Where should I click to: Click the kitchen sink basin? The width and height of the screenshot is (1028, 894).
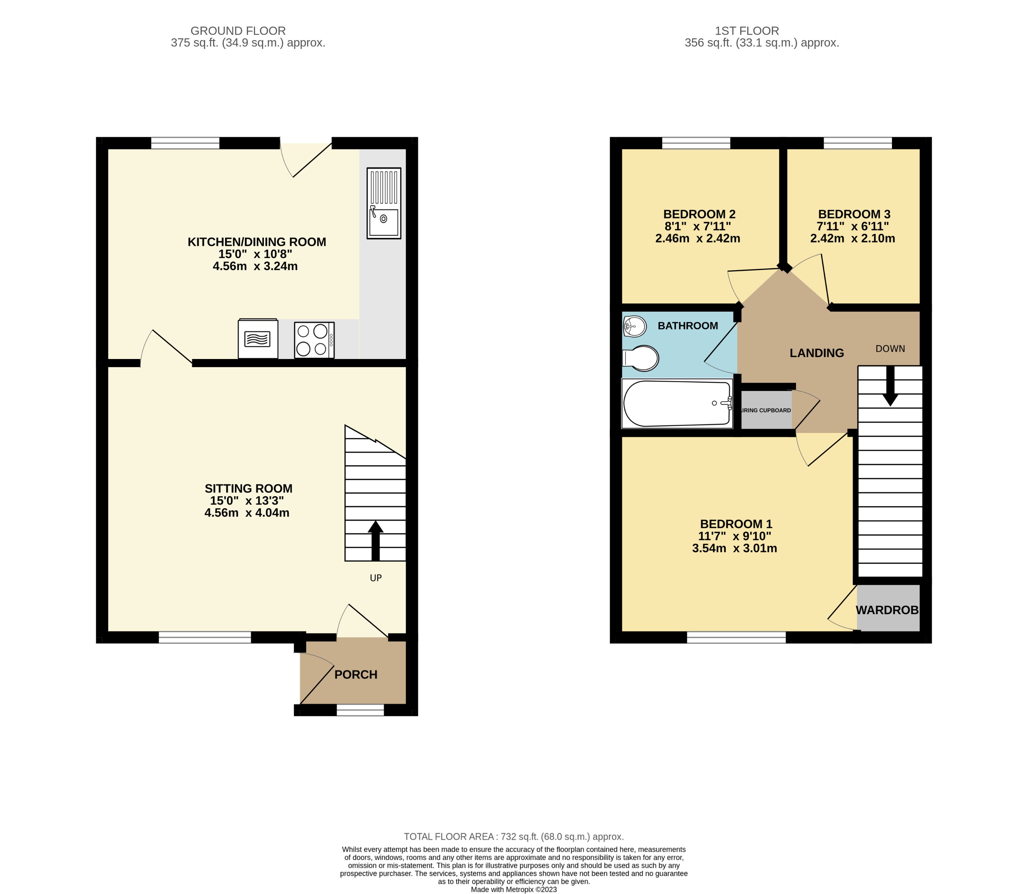click(384, 221)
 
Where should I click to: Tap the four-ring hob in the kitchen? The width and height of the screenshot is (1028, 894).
click(314, 340)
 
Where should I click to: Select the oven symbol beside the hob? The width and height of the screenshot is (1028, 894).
click(258, 339)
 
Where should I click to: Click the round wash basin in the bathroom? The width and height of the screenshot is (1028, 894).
click(635, 326)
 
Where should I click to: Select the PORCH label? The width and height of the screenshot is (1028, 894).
click(355, 674)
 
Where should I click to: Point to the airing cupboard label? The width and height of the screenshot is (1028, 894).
click(766, 410)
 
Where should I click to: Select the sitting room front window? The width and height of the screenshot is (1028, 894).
click(205, 637)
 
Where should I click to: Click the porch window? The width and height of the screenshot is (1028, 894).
click(360, 710)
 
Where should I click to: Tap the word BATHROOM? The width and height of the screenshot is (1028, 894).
click(687, 326)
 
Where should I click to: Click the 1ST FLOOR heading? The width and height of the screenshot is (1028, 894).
click(746, 31)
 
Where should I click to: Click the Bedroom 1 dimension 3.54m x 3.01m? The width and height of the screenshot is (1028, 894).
click(734, 548)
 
